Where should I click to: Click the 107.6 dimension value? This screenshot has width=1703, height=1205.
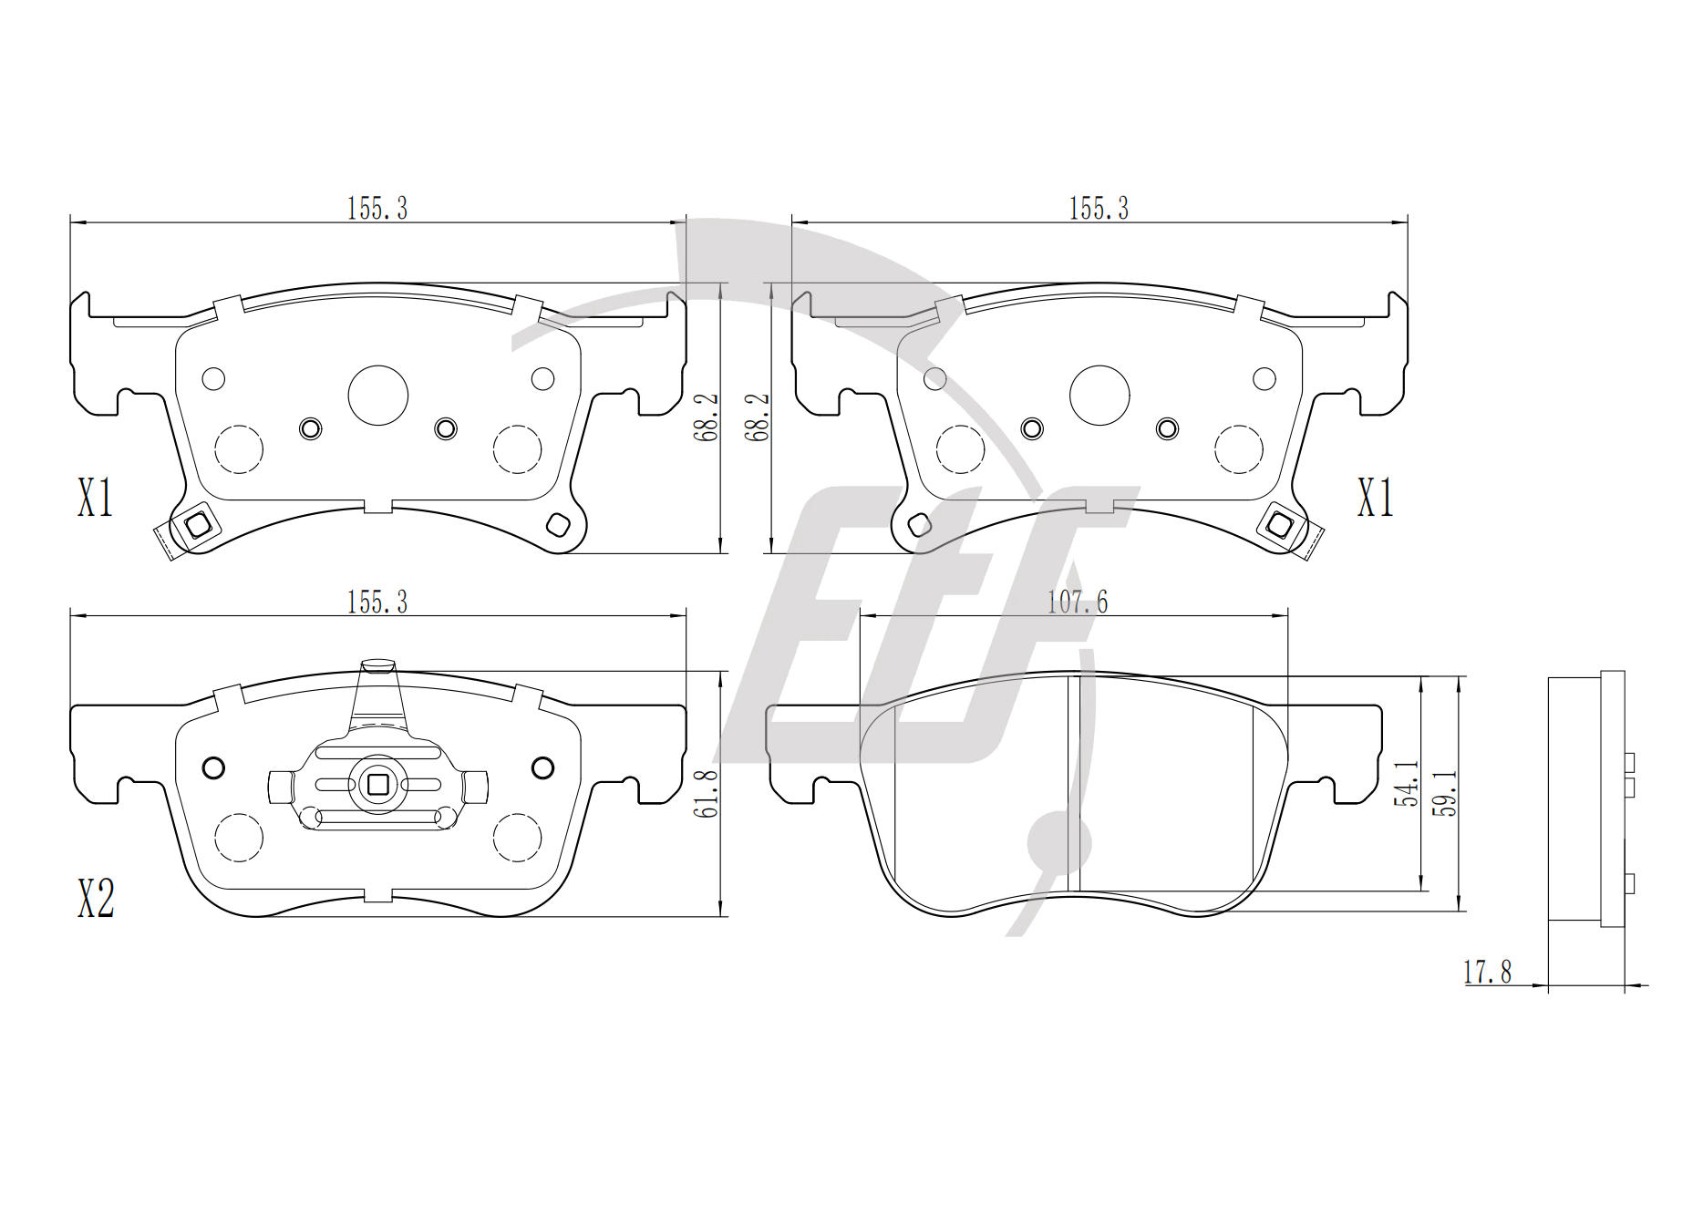pyautogui.click(x=1077, y=602)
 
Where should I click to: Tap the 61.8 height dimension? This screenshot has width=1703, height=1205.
pyautogui.click(x=707, y=793)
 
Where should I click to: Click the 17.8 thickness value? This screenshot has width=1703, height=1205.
pyautogui.click(x=1488, y=973)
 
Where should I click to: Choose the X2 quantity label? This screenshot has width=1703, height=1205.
pyautogui.click(x=96, y=899)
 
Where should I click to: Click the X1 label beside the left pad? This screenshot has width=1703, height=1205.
pyautogui.click(x=95, y=499)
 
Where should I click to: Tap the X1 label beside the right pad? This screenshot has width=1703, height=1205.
pyautogui.click(x=1376, y=499)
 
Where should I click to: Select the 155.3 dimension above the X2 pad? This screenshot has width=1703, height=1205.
pyautogui.click(x=377, y=602)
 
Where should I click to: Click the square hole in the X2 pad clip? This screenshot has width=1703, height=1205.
pyautogui.click(x=377, y=784)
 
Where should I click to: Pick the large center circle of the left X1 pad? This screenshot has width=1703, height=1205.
pyautogui.click(x=378, y=396)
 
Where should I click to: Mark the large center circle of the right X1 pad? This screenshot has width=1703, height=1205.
pyautogui.click(x=1099, y=396)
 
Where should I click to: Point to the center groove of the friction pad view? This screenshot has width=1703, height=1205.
pyautogui.click(x=1073, y=783)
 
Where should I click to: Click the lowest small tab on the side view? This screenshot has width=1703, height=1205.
pyautogui.click(x=1629, y=883)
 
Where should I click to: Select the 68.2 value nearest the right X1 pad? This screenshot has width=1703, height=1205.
pyautogui.click(x=758, y=417)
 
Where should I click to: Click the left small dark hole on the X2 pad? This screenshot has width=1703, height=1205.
pyautogui.click(x=213, y=767)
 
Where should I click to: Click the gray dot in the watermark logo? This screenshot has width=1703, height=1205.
pyautogui.click(x=1058, y=841)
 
